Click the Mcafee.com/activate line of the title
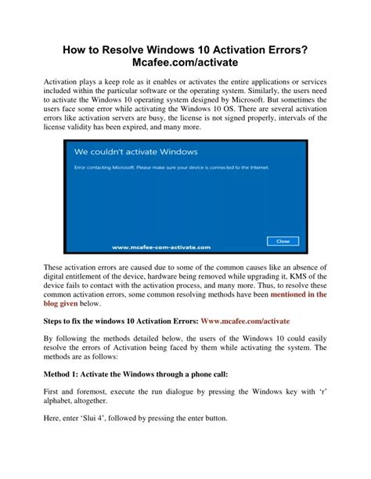point(185,64)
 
